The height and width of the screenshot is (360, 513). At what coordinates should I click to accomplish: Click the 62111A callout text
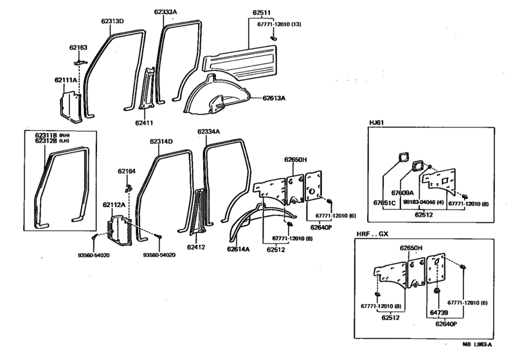click(66, 80)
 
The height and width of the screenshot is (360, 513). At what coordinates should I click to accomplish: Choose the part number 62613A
click(274, 98)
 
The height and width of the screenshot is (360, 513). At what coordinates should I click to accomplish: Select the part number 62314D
click(162, 141)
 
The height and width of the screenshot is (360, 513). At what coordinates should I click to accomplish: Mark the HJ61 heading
click(377, 122)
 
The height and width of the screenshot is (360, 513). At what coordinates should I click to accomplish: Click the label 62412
click(196, 246)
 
